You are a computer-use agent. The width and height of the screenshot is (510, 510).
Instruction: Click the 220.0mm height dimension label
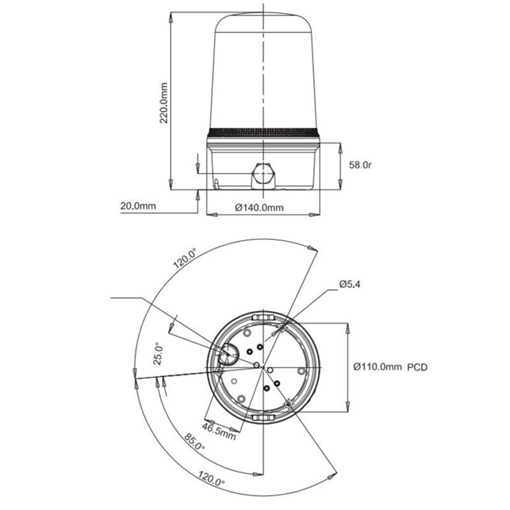(x=164, y=103)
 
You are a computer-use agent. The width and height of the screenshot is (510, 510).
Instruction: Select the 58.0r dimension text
(x=360, y=165)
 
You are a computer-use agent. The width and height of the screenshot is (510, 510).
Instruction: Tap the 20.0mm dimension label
(x=138, y=206)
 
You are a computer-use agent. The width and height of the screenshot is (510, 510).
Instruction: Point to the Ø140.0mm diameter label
(x=259, y=208)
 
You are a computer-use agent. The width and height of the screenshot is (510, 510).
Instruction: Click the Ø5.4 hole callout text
(x=349, y=284)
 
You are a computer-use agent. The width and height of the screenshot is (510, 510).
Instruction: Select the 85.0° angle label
(x=194, y=442)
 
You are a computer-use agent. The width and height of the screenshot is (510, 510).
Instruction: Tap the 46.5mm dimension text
(x=219, y=432)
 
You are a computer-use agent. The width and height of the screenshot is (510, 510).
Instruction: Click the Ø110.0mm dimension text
(x=377, y=367)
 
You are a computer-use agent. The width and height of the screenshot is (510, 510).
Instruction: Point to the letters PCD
(x=418, y=367)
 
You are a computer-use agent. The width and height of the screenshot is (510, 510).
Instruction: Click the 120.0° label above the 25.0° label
(x=184, y=258)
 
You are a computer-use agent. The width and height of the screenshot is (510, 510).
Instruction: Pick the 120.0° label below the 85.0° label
(x=212, y=478)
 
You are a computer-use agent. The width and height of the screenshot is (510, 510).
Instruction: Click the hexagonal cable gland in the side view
(x=263, y=176)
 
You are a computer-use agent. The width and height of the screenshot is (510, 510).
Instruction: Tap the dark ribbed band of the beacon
(x=263, y=133)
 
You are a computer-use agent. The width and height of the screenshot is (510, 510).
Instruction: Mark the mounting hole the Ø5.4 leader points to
(x=282, y=328)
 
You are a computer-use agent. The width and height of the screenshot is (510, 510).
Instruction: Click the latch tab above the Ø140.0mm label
(x=263, y=316)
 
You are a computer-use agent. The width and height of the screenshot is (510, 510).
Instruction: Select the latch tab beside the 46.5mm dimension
(x=263, y=418)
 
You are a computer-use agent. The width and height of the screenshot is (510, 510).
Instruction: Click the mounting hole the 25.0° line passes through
(x=219, y=371)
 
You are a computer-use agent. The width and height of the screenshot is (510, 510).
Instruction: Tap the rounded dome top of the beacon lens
(x=263, y=22)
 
